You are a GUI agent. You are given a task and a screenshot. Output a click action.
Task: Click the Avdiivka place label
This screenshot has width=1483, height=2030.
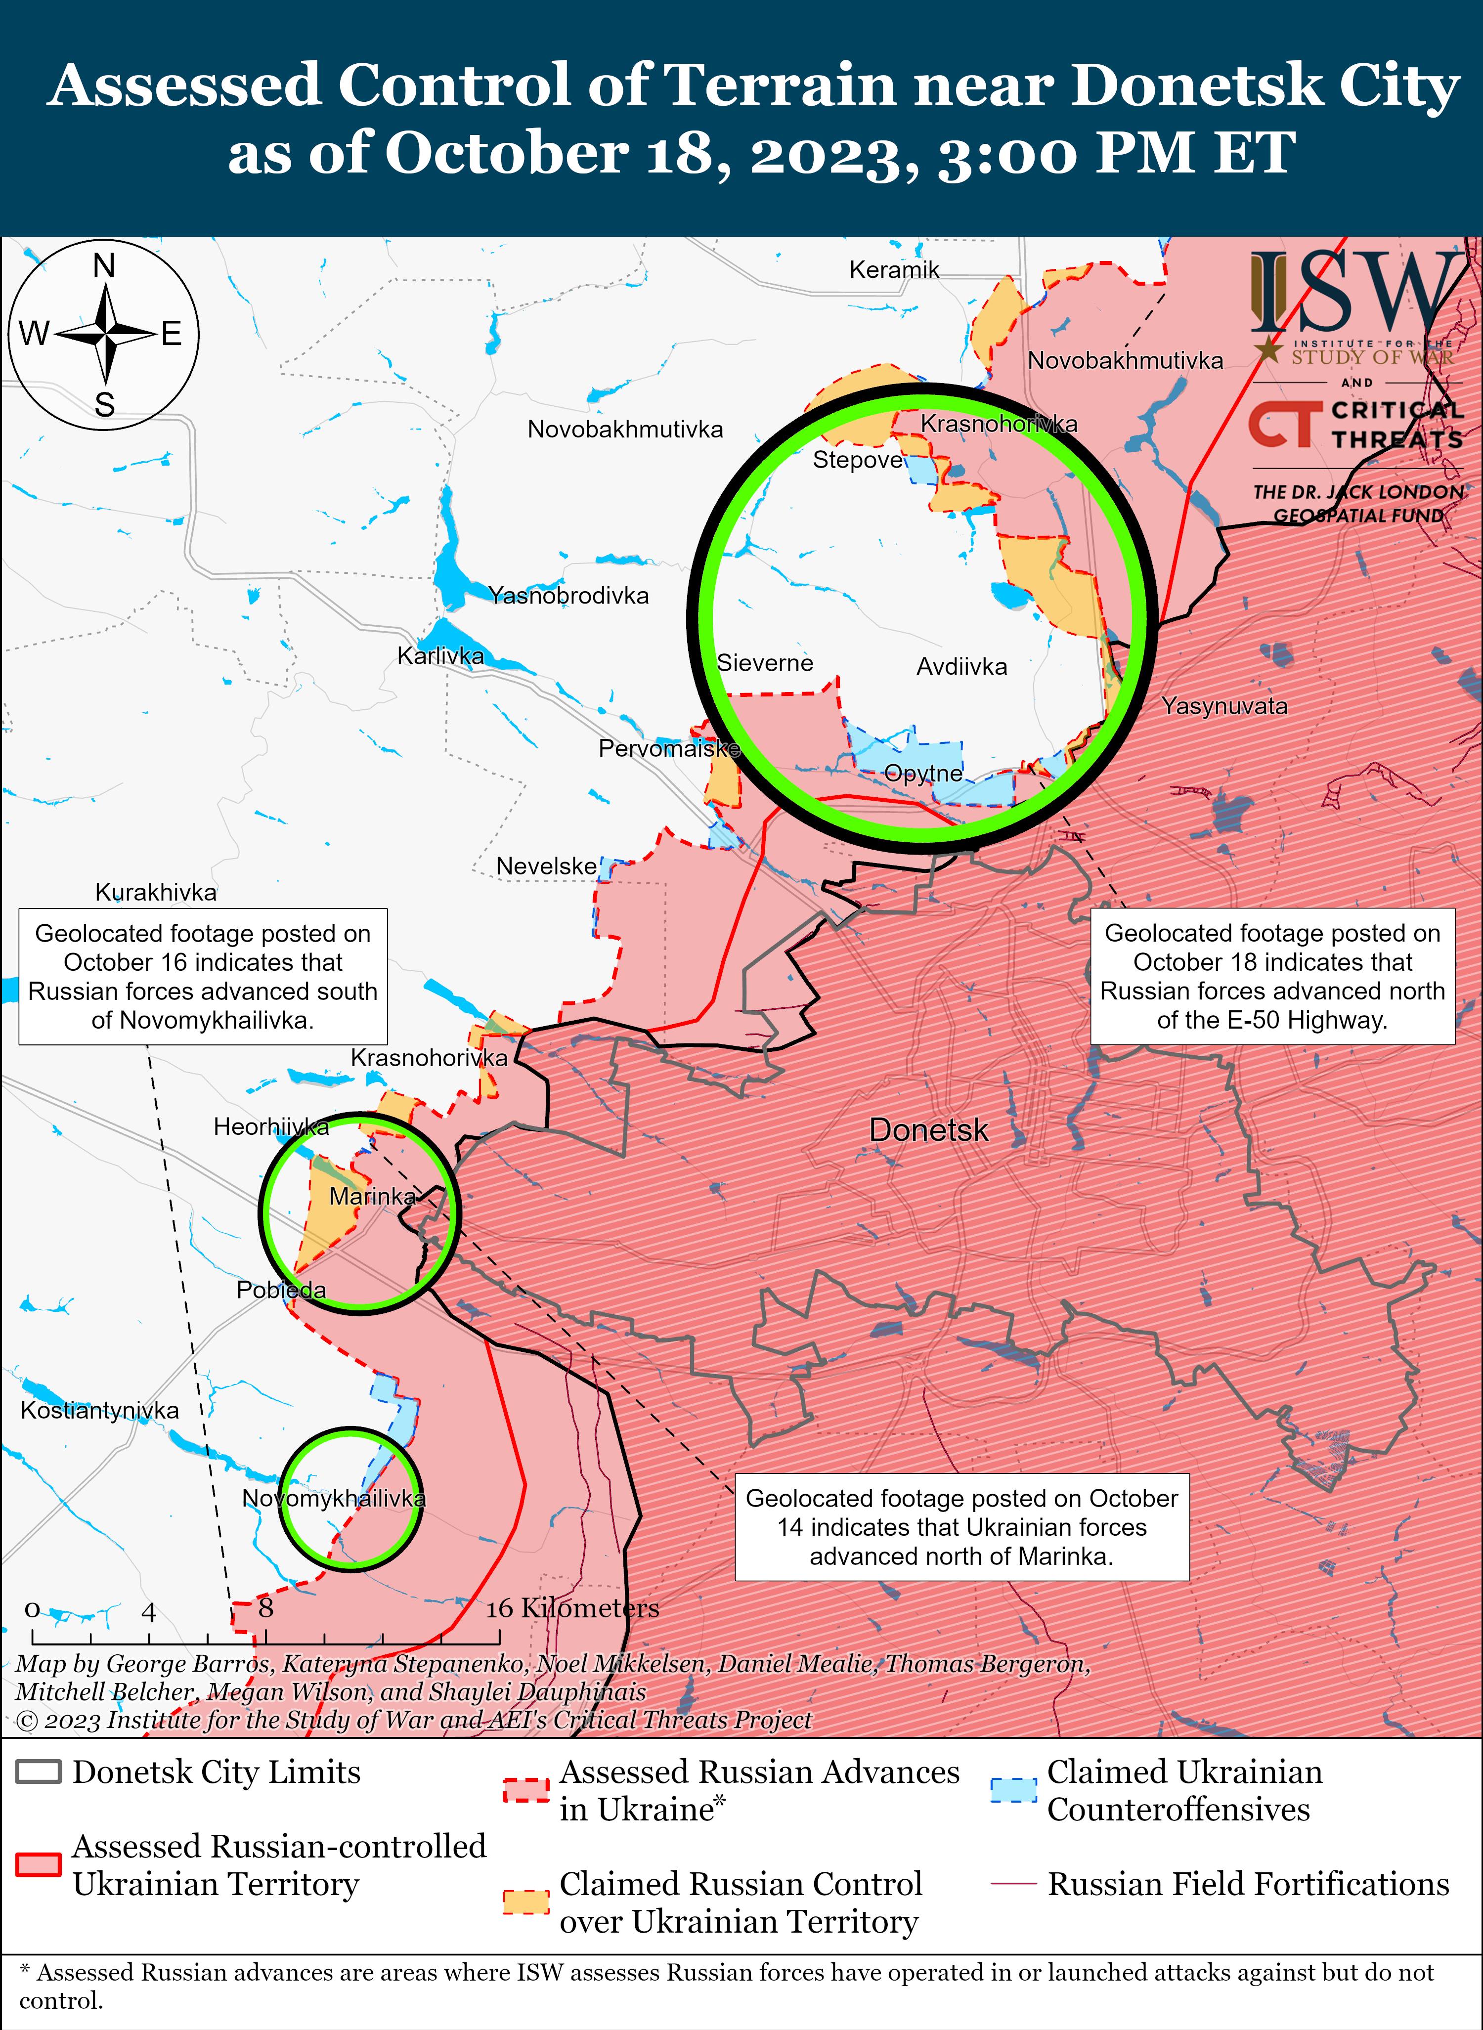click(961, 667)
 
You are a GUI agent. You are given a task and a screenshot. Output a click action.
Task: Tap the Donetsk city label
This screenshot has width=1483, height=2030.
click(928, 1130)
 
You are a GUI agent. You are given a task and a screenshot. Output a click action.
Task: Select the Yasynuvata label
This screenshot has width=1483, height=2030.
click(1224, 706)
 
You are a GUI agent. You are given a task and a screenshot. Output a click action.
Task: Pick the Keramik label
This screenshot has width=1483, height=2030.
click(894, 269)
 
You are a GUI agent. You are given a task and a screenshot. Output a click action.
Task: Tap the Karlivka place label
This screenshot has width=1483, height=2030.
click(441, 656)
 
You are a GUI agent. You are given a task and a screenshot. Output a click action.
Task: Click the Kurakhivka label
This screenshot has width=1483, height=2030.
click(156, 892)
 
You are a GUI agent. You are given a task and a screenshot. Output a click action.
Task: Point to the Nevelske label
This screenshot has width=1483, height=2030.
click(546, 866)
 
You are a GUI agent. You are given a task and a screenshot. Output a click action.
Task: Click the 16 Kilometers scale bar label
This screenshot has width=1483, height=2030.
click(573, 1608)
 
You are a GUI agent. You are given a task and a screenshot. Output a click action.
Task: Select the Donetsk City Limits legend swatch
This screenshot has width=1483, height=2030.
click(39, 1771)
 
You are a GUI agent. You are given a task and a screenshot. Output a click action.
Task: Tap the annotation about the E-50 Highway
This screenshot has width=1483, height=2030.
click(1272, 976)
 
